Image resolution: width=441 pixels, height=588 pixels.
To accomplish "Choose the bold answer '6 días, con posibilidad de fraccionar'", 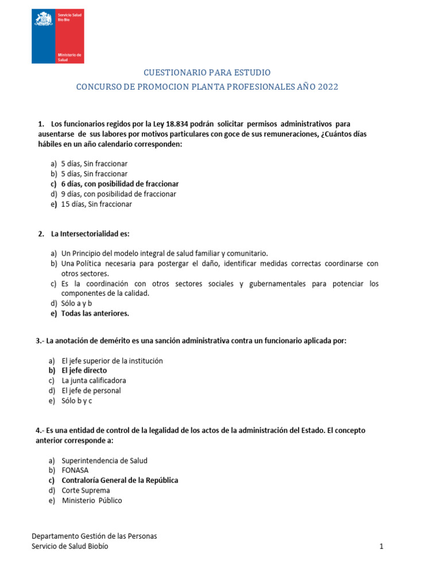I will [119, 184].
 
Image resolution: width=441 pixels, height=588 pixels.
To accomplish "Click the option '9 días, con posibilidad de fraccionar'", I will [118, 194].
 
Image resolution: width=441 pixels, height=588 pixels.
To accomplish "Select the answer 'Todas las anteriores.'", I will [95, 314].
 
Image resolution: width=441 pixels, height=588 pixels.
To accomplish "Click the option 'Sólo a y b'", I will [77, 303].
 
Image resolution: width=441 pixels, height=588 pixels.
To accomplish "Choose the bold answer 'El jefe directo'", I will [84, 370].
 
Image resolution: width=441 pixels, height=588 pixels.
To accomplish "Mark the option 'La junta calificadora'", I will [94, 380].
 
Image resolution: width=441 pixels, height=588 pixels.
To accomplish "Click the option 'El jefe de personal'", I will [91, 390].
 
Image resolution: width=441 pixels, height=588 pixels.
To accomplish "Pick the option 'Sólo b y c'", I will [76, 401].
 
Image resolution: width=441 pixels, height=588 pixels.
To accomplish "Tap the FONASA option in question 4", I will [75, 470].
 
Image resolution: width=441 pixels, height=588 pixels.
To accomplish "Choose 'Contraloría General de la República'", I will [119, 480].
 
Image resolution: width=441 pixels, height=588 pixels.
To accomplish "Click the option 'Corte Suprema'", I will [86, 490].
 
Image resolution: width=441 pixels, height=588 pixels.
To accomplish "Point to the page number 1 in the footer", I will [381, 547].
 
